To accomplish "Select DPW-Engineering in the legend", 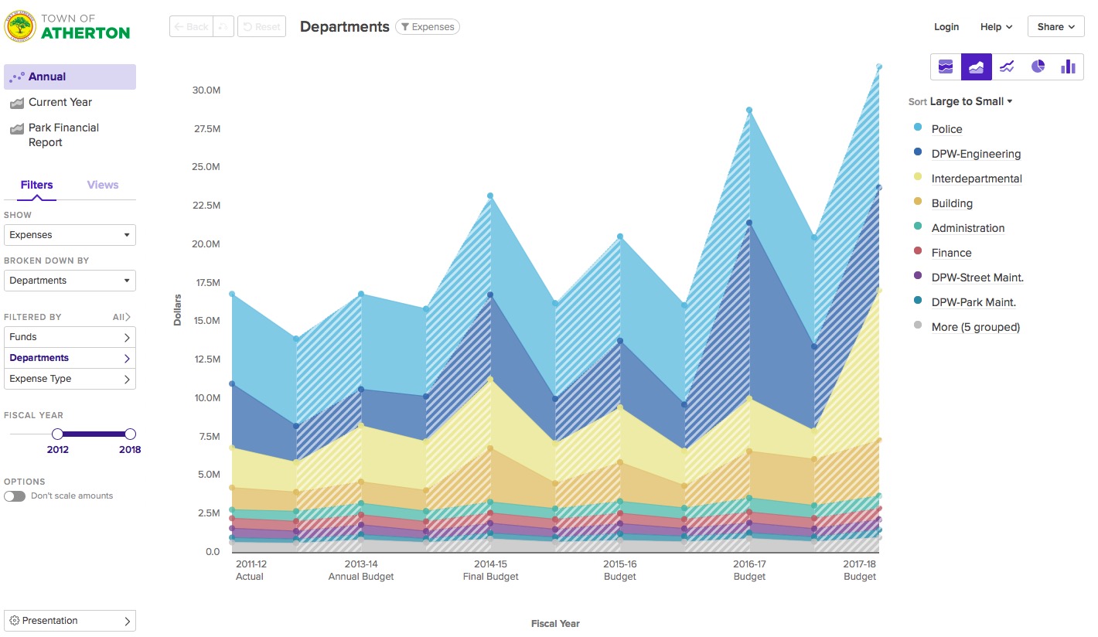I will [976, 154].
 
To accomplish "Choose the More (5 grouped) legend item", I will [975, 327].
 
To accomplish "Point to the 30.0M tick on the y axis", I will [206, 90].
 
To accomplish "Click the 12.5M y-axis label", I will [206, 359].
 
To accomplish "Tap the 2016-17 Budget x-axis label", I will [748, 571].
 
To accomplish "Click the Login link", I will [946, 26].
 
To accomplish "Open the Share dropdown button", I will [1055, 26].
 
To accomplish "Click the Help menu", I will [996, 26].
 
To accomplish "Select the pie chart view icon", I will [1038, 66].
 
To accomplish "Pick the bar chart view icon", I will [1068, 66].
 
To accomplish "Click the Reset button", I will [261, 26].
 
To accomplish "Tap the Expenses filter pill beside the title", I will [428, 27].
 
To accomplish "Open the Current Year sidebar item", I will [60, 102].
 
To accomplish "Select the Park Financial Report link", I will [63, 135].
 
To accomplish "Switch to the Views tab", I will [103, 185].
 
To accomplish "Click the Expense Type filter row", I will [70, 379].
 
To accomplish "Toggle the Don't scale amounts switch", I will [15, 496].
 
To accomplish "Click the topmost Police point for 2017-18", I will [878, 66].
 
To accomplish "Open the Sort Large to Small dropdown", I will [970, 101].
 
